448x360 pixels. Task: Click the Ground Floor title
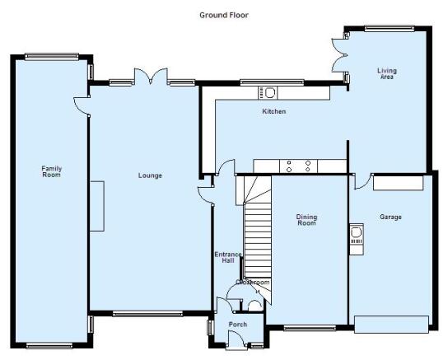224,15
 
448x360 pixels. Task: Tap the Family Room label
52,171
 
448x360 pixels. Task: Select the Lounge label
150,175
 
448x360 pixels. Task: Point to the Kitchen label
274,111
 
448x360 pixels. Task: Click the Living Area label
387,73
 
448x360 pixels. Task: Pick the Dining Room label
306,220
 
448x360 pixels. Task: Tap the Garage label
390,217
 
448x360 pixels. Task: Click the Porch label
238,325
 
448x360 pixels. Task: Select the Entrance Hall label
228,257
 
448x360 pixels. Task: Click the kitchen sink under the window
268,93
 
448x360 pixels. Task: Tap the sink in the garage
357,235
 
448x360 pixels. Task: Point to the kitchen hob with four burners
299,166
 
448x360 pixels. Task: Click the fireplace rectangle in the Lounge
97,206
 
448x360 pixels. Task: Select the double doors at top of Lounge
151,77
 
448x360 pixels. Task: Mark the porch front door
236,340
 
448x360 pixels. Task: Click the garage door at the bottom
391,325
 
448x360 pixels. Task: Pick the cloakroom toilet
254,306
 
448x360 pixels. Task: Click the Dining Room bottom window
310,328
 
